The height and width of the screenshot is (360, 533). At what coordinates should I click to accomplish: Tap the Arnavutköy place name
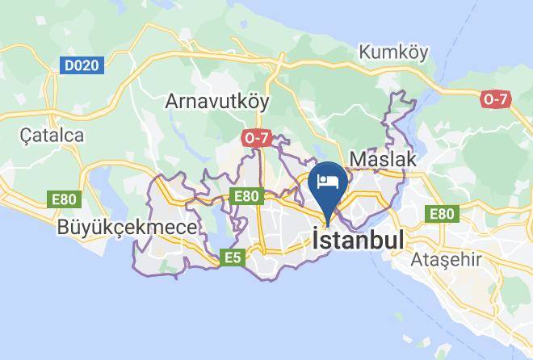tap(217, 102)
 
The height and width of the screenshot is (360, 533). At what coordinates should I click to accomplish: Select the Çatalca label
tap(53, 136)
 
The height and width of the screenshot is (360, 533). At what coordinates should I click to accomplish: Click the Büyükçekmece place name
tap(127, 228)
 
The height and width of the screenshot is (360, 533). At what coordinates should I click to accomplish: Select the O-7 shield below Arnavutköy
tap(255, 139)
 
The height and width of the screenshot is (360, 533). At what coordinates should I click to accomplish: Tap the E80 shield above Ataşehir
tap(442, 214)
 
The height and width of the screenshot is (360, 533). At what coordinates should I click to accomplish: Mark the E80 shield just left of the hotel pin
tap(246, 195)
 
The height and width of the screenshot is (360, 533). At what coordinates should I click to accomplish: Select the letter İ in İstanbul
tap(316, 240)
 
